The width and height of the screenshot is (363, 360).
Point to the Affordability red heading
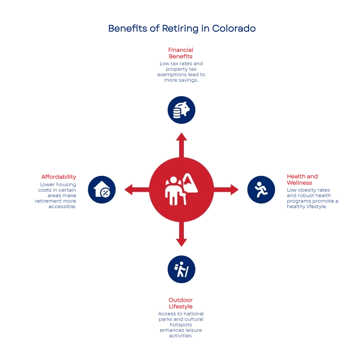point(58,177)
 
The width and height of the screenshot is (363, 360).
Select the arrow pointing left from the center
point(135,190)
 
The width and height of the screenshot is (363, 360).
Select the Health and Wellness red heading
point(303,180)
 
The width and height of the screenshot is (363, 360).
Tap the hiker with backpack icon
point(181,269)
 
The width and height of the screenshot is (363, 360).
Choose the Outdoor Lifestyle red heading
point(181,303)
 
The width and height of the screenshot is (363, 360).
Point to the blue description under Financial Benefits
point(181,72)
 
